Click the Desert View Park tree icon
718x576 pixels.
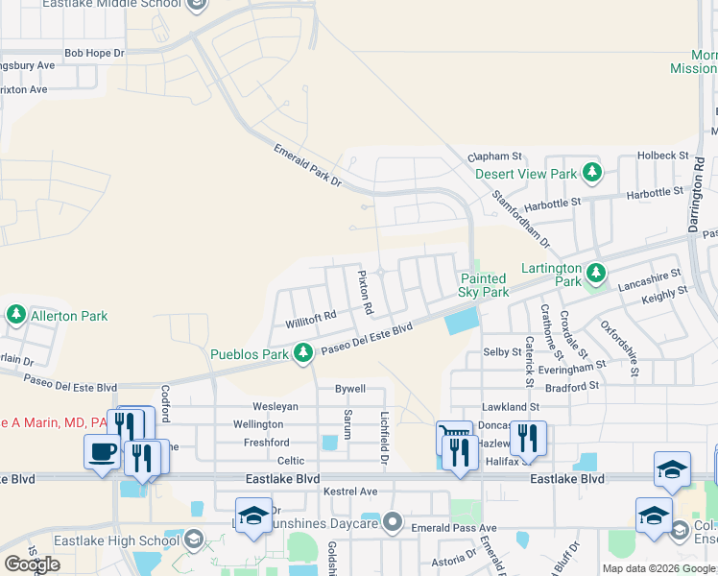tap(593, 174)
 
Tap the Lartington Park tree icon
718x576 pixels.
tap(596, 273)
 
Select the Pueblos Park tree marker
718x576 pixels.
tap(303, 354)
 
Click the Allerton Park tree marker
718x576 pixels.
tap(15, 315)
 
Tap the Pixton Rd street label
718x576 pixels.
tap(364, 293)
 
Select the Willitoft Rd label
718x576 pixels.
tap(311, 316)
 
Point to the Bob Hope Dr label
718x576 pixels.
tap(94, 53)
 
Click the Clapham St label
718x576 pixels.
tap(493, 156)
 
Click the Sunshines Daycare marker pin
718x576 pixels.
tap(392, 523)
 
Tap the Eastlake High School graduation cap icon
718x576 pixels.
tap(195, 540)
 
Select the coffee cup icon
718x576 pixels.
tap(103, 451)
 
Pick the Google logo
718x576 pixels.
tap(32, 564)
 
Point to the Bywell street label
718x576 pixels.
tap(349, 389)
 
